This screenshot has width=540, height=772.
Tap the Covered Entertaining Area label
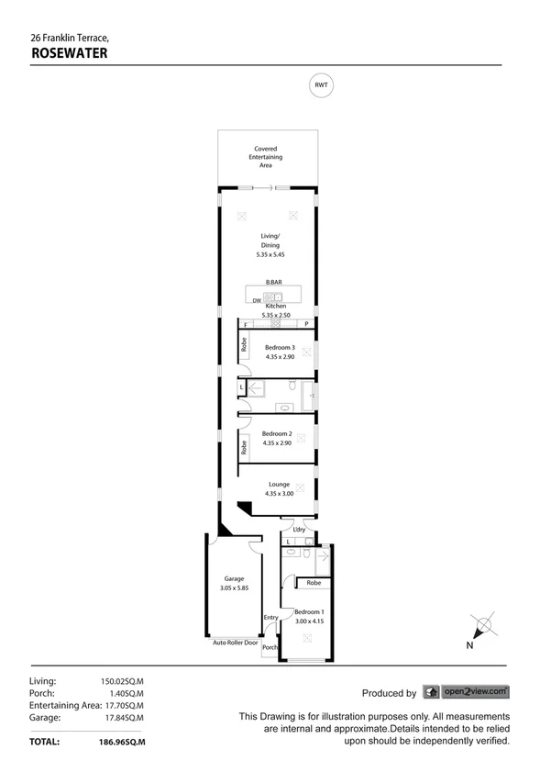pyautogui.click(x=266, y=157)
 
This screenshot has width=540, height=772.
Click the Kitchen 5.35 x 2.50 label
pyautogui.click(x=276, y=310)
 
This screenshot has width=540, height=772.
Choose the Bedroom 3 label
pyautogui.click(x=280, y=352)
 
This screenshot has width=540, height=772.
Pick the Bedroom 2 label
pyautogui.click(x=277, y=438)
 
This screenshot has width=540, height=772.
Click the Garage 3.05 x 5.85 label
pyautogui.click(x=234, y=583)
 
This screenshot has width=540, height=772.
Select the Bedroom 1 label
pyautogui.click(x=308, y=616)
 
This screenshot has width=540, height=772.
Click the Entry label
pyautogui.click(x=270, y=618)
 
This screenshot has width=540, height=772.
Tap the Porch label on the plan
pyautogui.click(x=270, y=647)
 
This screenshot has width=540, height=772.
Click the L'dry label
pyautogui.click(x=299, y=530)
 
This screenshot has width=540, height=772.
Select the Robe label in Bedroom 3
pyautogui.click(x=244, y=345)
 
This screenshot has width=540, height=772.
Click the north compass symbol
pyautogui.click(x=482, y=628)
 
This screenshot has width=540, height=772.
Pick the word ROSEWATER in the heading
pyautogui.click(x=70, y=53)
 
